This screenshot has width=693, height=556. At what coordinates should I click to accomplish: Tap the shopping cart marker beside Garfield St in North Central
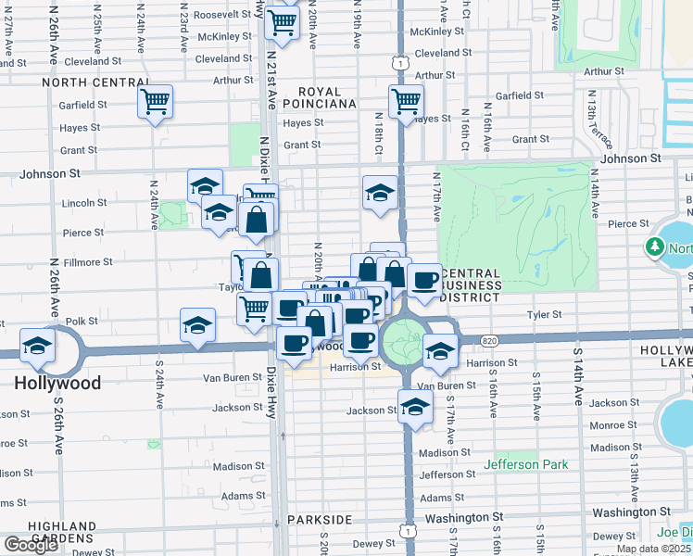[x=155, y=100]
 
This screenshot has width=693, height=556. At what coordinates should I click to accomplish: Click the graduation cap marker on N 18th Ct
[x=379, y=193]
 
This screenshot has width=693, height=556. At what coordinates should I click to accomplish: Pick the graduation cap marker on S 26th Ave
[x=37, y=346]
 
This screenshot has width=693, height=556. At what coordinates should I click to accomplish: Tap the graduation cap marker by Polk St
[x=196, y=327]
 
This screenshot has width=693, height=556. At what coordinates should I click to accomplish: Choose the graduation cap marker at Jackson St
[x=415, y=406]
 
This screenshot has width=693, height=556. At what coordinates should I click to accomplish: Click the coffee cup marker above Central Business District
[x=425, y=280]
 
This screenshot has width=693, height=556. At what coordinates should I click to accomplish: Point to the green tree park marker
[x=655, y=247]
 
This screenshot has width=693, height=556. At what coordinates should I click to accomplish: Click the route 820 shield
[x=488, y=342]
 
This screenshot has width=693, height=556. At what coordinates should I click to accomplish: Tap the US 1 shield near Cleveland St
[x=397, y=62]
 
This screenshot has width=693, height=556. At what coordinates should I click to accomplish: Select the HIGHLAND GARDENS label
[x=61, y=532]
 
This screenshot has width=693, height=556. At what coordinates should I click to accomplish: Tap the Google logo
[x=31, y=545]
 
